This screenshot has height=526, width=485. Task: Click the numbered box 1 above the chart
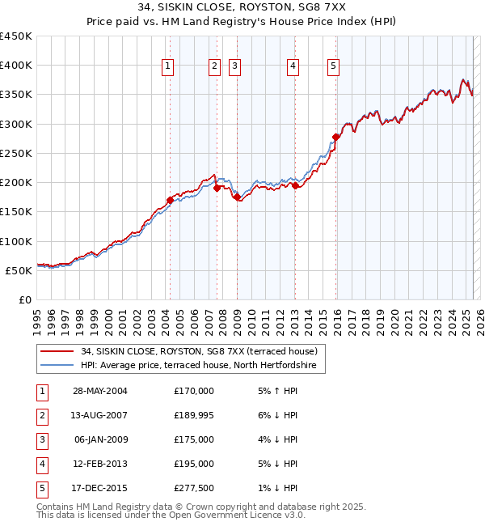[168, 67]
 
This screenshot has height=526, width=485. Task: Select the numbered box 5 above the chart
[333, 67]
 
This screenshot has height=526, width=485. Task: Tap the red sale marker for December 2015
[336, 137]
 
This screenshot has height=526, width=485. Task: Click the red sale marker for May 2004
[171, 200]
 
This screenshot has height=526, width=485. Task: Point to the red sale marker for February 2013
[295, 185]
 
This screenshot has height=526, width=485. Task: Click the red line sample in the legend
[57, 352]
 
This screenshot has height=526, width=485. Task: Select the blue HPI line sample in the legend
[57, 366]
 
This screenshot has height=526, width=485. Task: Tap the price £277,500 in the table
[194, 488]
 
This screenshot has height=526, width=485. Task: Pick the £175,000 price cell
[194, 439]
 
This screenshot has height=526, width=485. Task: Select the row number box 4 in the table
[41, 464]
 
